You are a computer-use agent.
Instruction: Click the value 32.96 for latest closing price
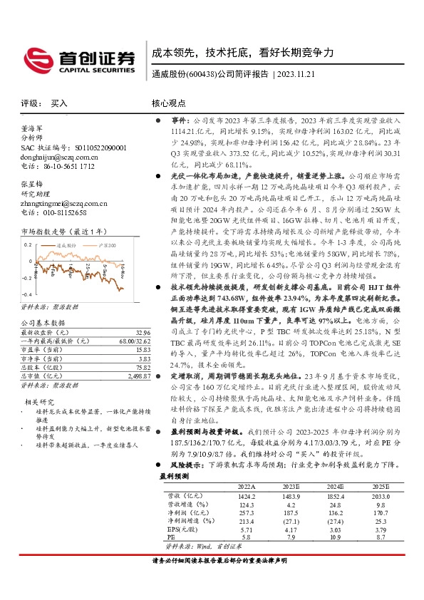[143, 333]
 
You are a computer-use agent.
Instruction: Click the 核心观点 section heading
[170, 103]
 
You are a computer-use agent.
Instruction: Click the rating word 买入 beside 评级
[59, 103]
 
